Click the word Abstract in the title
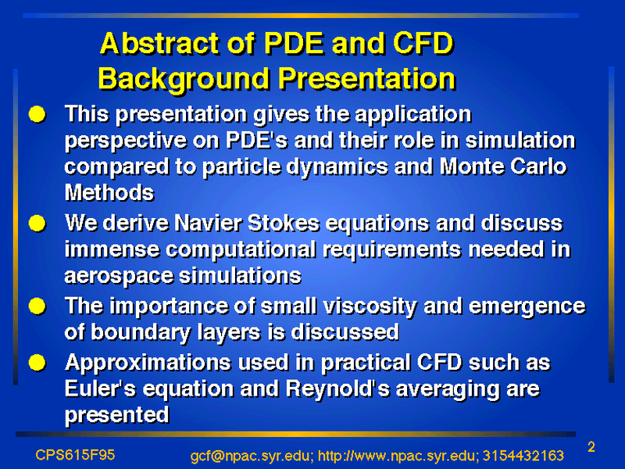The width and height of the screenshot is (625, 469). (160, 43)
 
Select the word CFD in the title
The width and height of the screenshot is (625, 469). (423, 43)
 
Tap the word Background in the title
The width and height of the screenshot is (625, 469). (184, 79)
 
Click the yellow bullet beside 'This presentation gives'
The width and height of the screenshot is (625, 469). (37, 114)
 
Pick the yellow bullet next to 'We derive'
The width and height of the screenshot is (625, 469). (37, 224)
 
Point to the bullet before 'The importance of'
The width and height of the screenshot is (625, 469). (37, 306)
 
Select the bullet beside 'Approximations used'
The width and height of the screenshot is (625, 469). (37, 363)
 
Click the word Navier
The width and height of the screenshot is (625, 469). (208, 223)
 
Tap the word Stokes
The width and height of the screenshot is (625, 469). (284, 223)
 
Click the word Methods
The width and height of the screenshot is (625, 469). (109, 192)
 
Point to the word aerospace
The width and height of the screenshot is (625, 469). (118, 277)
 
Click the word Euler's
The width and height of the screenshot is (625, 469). (100, 388)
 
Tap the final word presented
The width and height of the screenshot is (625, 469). (116, 416)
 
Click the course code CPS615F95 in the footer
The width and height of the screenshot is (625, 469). (75, 455)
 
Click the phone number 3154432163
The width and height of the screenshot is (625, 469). (523, 455)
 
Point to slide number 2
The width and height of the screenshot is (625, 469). (591, 446)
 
